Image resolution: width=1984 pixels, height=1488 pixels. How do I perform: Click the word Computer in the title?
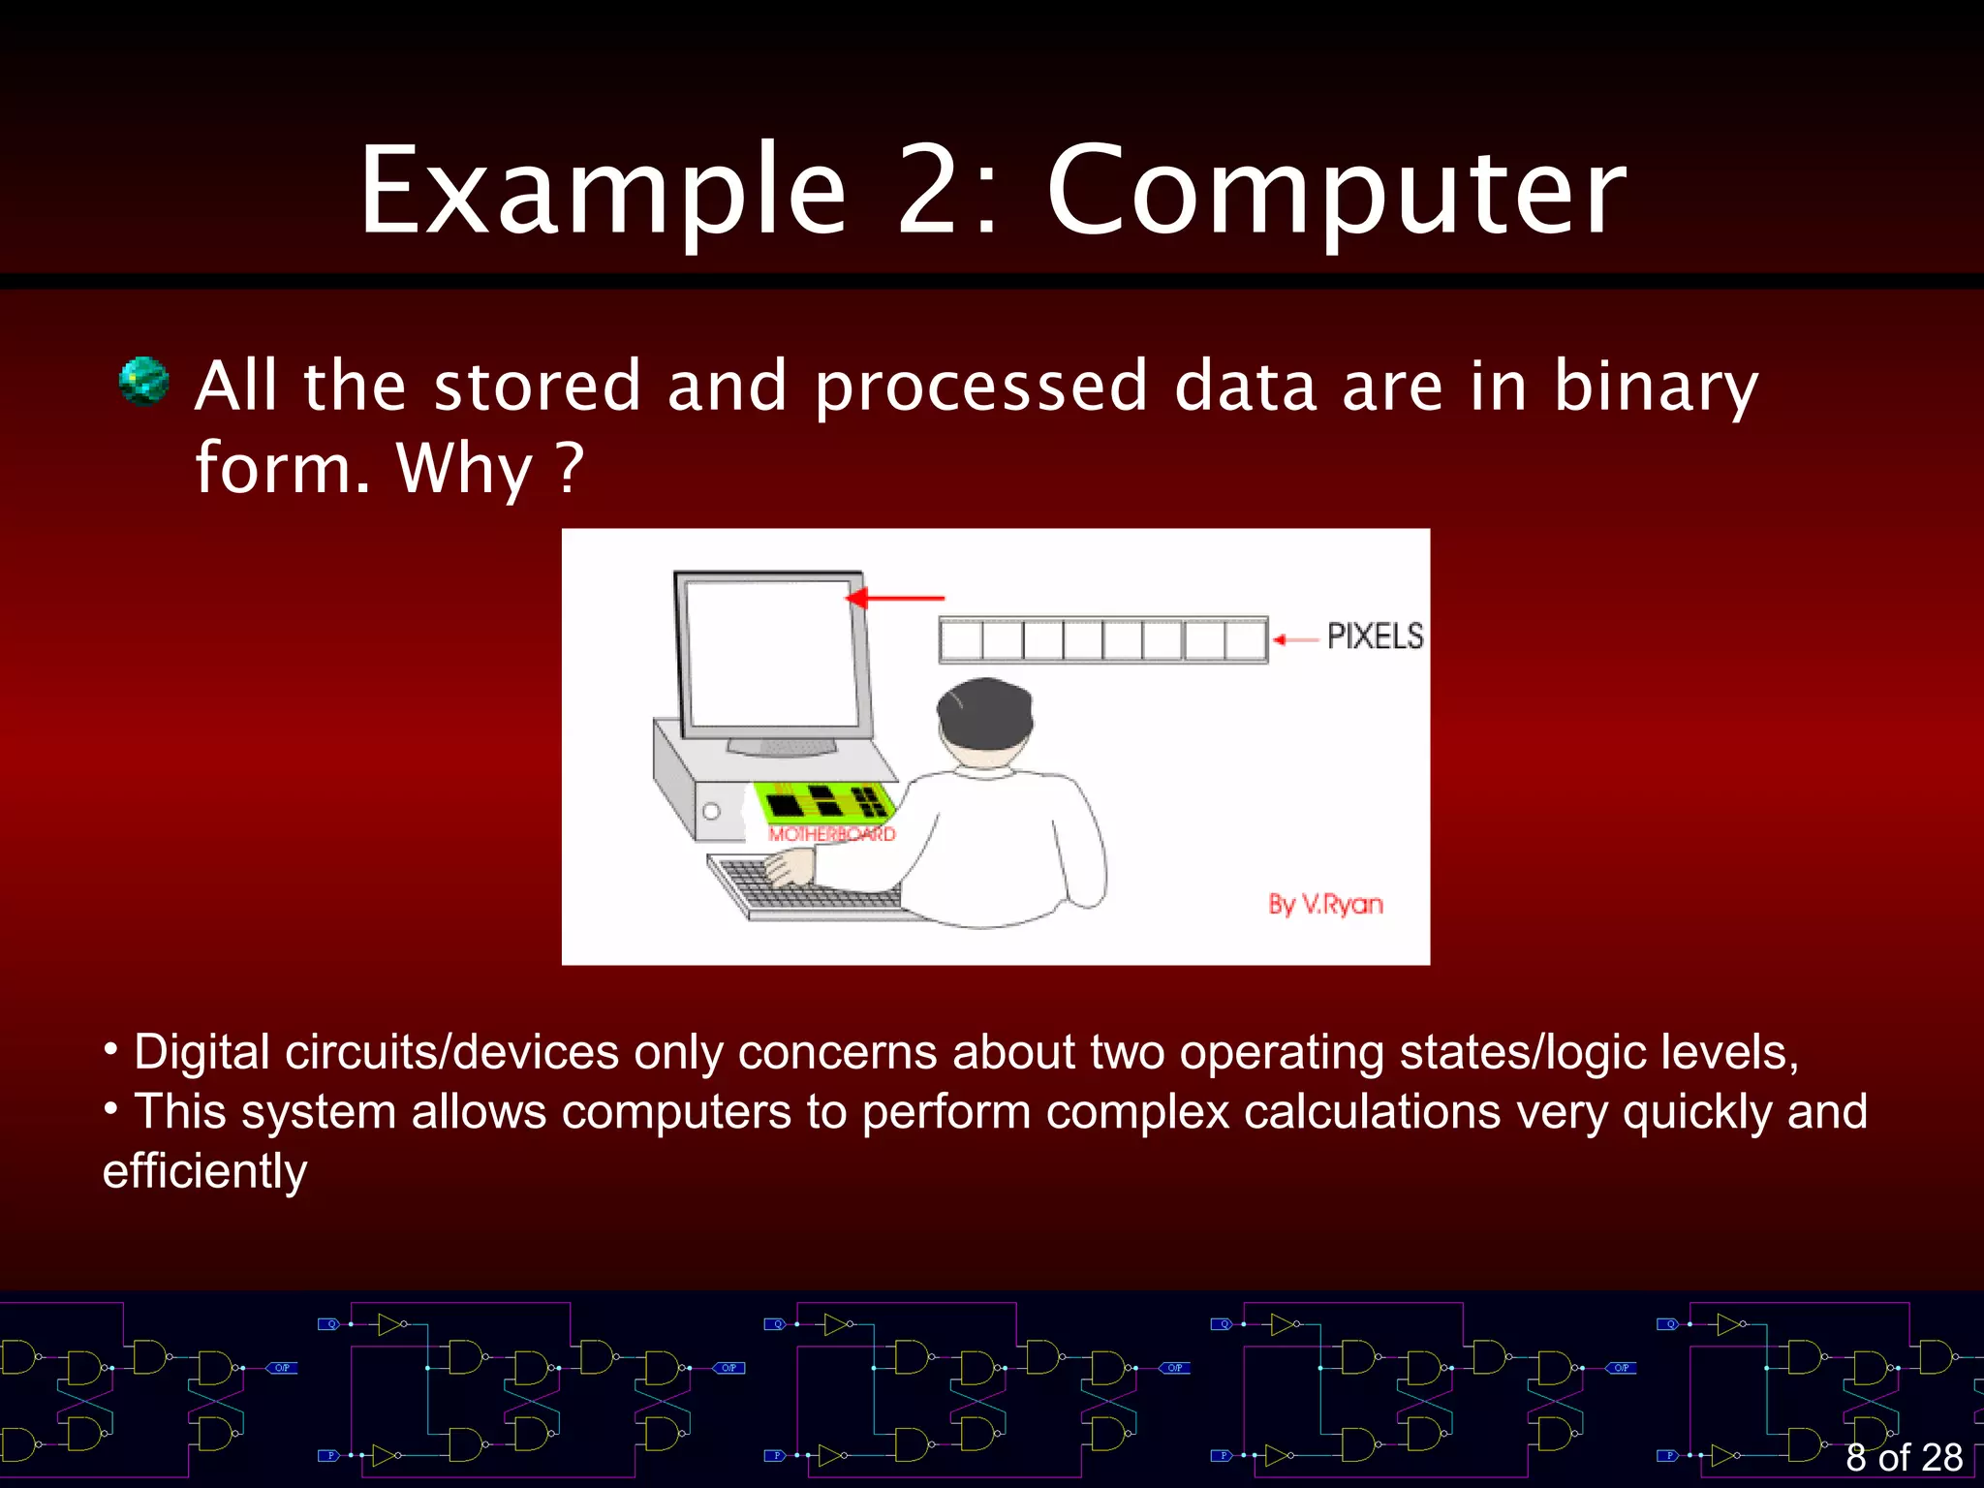tap(1337, 192)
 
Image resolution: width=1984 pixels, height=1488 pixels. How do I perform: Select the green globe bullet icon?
tap(143, 381)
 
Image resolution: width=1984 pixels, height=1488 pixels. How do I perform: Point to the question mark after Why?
tap(572, 467)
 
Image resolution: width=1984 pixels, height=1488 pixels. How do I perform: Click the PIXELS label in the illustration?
tap(1375, 636)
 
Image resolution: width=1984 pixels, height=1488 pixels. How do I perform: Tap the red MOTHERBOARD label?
tap(832, 834)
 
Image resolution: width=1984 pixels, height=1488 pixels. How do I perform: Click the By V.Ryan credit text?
tap(1325, 904)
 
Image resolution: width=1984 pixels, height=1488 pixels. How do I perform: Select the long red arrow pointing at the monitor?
tap(896, 599)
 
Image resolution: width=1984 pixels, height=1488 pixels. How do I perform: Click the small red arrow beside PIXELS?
tap(1293, 639)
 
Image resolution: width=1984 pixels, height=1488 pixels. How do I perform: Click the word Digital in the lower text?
tap(201, 1052)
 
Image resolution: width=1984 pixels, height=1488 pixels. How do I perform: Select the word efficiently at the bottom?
tap(205, 1171)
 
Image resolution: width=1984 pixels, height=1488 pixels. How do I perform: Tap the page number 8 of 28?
tap(1903, 1457)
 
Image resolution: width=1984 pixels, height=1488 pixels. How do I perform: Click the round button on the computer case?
tap(711, 811)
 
